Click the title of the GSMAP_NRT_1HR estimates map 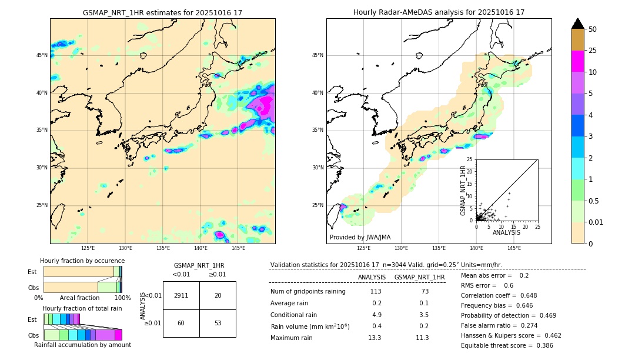point(162,12)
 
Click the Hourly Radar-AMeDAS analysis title point(439,12)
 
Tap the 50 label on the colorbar point(593,29)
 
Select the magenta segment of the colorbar point(577,61)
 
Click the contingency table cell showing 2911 point(181,295)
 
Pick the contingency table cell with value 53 point(218,323)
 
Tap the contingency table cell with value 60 point(181,323)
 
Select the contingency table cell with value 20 point(218,295)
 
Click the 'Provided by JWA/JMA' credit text point(360,238)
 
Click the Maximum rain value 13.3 point(375,338)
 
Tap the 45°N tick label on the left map point(42,55)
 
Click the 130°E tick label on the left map point(125,249)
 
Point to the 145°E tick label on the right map point(514,249)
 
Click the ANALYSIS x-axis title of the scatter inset point(506,232)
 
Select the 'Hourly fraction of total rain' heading point(82,308)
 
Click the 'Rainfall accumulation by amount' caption point(82,345)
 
